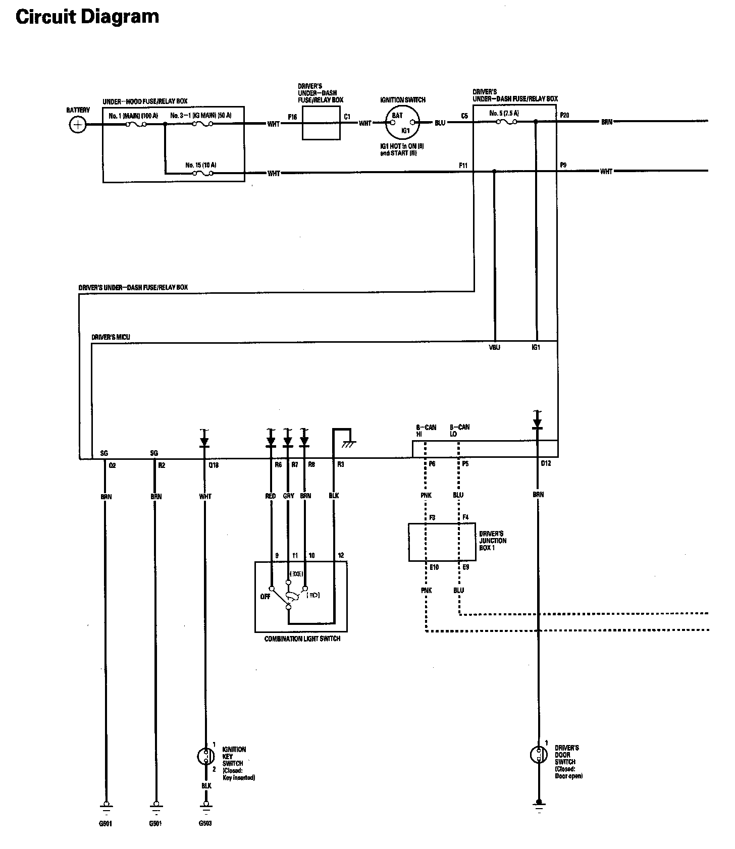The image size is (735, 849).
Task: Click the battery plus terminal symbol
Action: (77, 124)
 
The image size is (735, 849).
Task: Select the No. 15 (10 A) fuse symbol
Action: (203, 173)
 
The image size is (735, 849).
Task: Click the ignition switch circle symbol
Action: (402, 122)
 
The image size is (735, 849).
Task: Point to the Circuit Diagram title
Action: (87, 17)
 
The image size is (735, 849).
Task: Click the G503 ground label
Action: (205, 824)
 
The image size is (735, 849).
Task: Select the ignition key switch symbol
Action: (204, 756)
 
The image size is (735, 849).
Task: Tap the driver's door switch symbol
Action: (538, 755)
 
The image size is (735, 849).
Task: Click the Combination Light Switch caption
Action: (302, 639)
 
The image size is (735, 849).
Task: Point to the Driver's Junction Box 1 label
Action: (492, 541)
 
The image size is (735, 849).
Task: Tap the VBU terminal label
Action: (495, 348)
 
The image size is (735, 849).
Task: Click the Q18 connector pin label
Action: (213, 465)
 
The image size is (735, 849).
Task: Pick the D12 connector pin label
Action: (546, 463)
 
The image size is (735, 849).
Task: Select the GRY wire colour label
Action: (288, 496)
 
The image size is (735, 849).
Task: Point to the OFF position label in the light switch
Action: (265, 596)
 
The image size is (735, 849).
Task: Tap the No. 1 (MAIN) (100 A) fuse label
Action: (133, 116)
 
